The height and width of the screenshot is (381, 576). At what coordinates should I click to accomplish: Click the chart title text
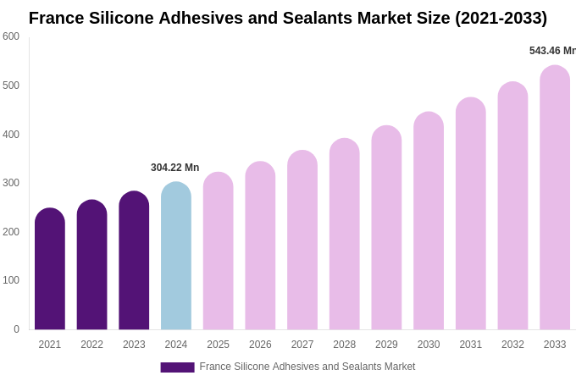(x=288, y=18)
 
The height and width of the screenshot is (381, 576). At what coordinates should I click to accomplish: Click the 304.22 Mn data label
(x=174, y=168)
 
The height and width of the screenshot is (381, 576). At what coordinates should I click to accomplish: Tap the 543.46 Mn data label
(x=551, y=51)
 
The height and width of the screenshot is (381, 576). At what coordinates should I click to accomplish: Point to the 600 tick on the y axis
(x=11, y=36)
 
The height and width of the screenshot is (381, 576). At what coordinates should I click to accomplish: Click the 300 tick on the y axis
(x=11, y=183)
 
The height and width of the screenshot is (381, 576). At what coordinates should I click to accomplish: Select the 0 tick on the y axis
(x=16, y=329)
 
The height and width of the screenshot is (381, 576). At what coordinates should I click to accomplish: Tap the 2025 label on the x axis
(x=218, y=345)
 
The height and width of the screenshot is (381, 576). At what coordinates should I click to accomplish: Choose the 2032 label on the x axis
(x=512, y=345)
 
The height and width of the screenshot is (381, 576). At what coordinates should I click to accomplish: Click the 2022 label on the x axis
(x=91, y=345)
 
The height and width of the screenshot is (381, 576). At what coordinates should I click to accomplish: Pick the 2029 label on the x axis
(x=386, y=345)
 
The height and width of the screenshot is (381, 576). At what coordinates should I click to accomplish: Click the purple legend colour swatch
(x=177, y=367)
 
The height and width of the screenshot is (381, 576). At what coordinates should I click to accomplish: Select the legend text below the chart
(x=307, y=367)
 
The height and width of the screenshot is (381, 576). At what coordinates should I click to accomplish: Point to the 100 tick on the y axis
(x=11, y=280)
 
